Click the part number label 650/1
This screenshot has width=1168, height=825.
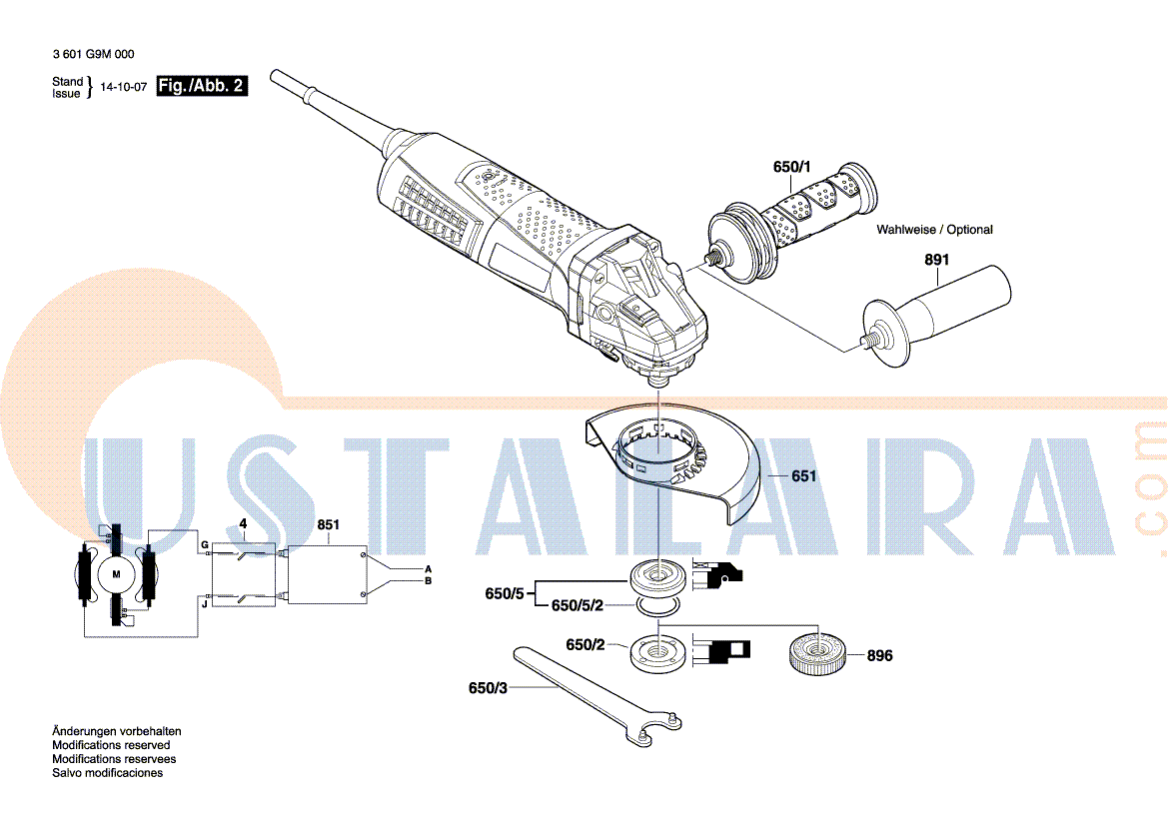tap(792, 167)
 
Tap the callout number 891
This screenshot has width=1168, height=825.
tap(937, 260)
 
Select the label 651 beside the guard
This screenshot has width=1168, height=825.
tap(803, 475)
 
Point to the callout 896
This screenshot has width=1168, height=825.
tap(879, 656)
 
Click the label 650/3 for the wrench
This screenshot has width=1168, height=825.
tap(488, 688)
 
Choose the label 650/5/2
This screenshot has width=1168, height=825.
tap(578, 606)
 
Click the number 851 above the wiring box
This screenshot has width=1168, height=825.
tap(329, 525)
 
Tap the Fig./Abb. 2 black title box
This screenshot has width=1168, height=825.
tap(202, 86)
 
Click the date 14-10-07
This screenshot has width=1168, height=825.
tap(124, 87)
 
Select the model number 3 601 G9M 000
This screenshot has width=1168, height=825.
tap(94, 54)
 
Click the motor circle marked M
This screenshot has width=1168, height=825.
tap(116, 574)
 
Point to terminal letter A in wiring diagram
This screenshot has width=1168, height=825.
tap(429, 569)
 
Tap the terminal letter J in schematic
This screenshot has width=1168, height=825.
tap(205, 604)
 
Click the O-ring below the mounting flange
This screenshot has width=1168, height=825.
tap(657, 607)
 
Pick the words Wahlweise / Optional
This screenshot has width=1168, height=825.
tap(935, 230)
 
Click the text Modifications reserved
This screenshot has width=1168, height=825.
tap(111, 745)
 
